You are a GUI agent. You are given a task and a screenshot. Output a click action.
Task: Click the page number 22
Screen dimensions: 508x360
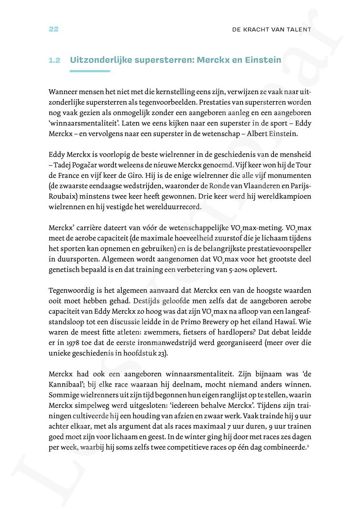pos(53,30)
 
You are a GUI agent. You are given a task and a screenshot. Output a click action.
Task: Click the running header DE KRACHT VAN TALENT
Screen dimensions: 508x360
pos(272,30)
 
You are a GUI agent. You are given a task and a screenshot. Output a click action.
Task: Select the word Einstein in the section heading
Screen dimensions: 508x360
pos(263,60)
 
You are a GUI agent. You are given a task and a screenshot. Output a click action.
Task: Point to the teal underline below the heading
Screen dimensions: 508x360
pos(90,71)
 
